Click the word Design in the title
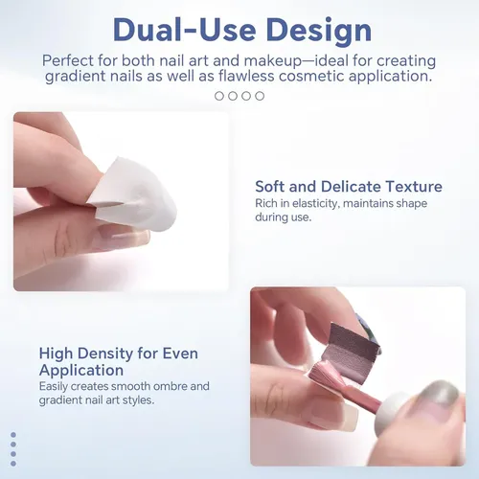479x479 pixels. pos(318,31)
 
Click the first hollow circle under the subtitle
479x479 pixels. pos(219,96)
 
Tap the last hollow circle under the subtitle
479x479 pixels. pos(260,96)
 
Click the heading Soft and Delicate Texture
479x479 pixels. pos(349,186)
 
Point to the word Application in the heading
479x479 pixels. pos(81,371)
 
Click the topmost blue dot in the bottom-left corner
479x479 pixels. pos(13,435)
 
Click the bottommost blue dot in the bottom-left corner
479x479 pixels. pos(13,464)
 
